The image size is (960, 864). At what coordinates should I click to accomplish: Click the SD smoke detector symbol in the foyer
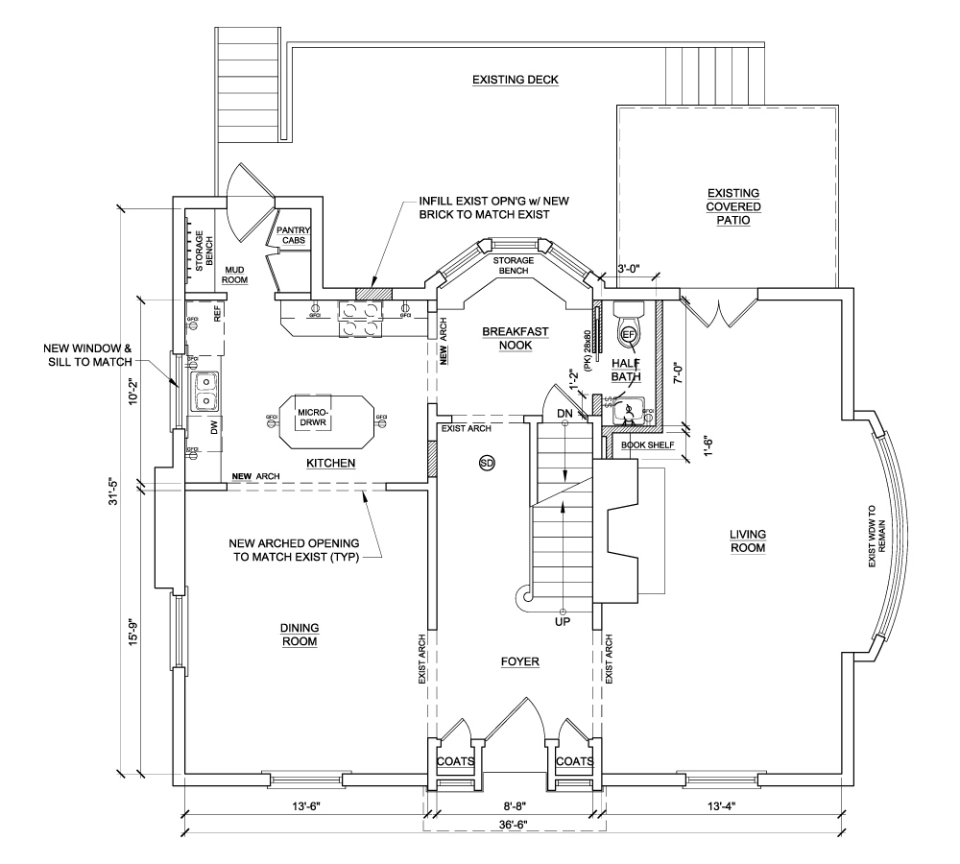click(x=486, y=464)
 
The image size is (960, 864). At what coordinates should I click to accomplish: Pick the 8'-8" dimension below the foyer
click(x=515, y=806)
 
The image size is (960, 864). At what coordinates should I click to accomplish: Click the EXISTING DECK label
click(x=515, y=80)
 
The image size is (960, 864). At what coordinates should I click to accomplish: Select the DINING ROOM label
click(x=299, y=635)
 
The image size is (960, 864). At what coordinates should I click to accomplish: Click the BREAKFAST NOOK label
click(x=516, y=339)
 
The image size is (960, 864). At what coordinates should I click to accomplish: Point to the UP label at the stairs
click(x=563, y=622)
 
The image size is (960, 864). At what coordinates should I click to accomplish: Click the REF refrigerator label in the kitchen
click(x=218, y=313)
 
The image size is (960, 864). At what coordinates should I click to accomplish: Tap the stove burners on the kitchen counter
click(x=360, y=318)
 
